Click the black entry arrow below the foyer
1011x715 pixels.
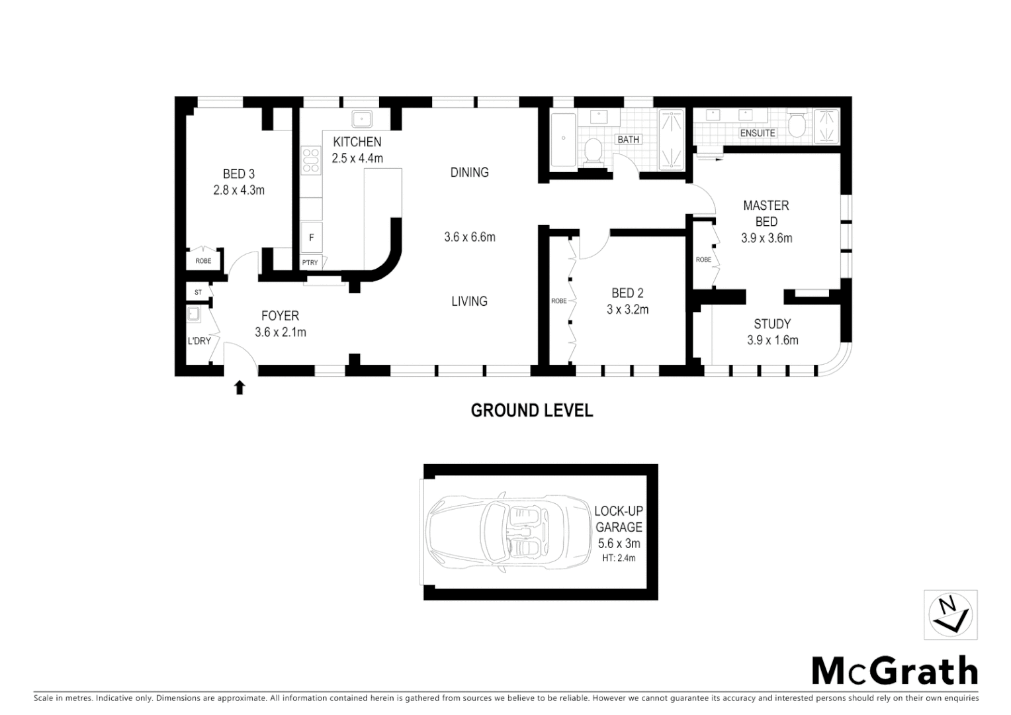[240, 387]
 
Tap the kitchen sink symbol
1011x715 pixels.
[362, 119]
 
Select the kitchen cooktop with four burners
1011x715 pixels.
[310, 162]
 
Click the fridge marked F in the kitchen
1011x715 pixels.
[311, 237]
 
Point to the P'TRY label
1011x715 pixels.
[310, 263]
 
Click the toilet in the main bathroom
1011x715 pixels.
[593, 152]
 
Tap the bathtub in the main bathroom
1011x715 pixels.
[563, 140]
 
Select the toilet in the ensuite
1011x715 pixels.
[797, 124]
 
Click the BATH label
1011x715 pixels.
[628, 140]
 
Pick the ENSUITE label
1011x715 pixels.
[758, 133]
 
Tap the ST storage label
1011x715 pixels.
[198, 292]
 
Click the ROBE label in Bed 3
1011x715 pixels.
[203, 261]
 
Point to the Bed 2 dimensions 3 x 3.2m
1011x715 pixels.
[627, 309]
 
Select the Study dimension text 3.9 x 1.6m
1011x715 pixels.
[772, 340]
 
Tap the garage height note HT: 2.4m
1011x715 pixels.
[619, 558]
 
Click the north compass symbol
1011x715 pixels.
[950, 615]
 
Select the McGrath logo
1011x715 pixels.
[895, 671]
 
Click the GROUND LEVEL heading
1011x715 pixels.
[531, 410]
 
